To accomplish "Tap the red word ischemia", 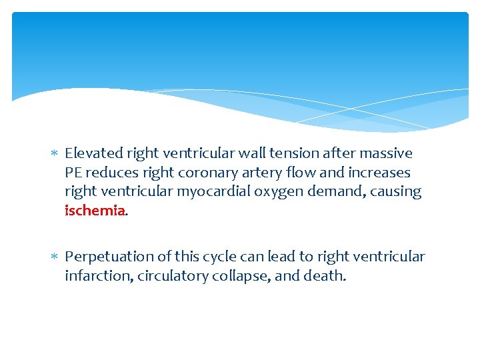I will pyautogui.click(x=95, y=211).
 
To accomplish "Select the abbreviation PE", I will pyautogui.click(x=73, y=173).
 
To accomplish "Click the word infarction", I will pyautogui.click(x=98, y=276).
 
